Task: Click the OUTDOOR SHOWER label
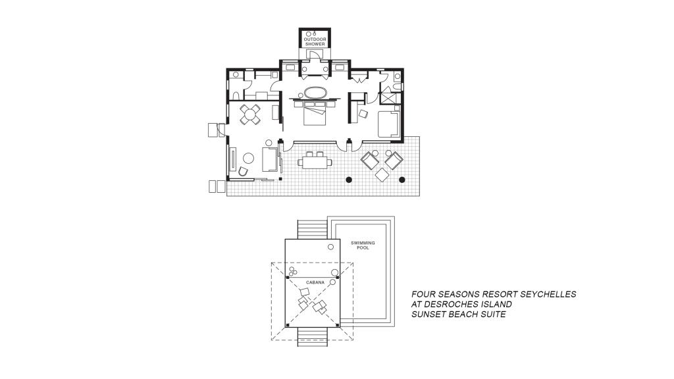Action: point(315,41)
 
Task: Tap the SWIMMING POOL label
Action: point(363,245)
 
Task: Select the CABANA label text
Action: point(315,282)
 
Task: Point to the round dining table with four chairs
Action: point(250,114)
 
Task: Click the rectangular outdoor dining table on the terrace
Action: point(315,162)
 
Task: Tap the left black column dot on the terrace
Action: point(349,180)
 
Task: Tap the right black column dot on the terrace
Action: point(402,180)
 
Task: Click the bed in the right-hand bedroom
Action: point(389,124)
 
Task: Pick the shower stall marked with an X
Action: point(388,97)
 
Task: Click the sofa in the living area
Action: point(269,159)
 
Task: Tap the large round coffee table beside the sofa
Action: point(248,158)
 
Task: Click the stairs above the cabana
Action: point(313,230)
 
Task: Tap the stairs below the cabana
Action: point(313,337)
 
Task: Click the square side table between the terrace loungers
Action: point(382,174)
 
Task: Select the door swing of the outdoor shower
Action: point(315,54)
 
